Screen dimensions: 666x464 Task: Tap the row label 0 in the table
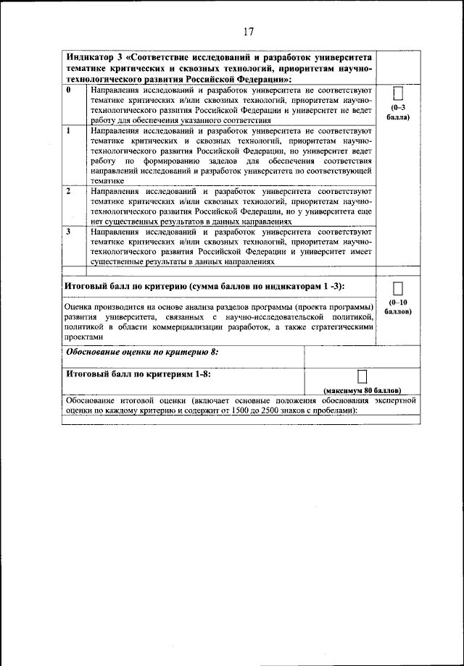pyautogui.click(x=68, y=90)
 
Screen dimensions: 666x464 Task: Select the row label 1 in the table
pyautogui.click(x=68, y=131)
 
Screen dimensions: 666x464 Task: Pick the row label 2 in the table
pyautogui.click(x=68, y=191)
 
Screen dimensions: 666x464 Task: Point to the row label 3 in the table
pyautogui.click(x=68, y=232)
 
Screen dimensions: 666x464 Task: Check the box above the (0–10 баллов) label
pyautogui.click(x=397, y=288)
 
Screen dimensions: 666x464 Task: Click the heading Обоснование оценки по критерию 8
pyautogui.click(x=142, y=352)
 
